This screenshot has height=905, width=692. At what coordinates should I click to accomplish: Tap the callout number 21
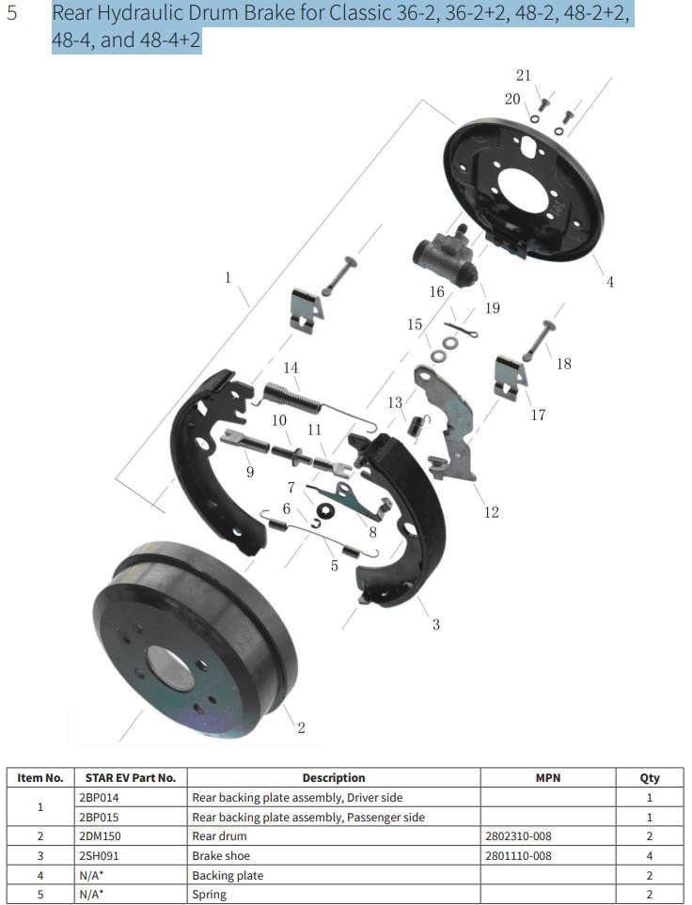(524, 75)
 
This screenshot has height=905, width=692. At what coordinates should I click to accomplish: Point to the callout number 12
(492, 512)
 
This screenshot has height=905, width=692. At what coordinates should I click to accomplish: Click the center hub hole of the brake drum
(170, 668)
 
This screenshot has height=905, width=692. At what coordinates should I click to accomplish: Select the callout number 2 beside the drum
(301, 727)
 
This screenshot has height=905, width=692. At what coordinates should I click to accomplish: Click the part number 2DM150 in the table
(100, 836)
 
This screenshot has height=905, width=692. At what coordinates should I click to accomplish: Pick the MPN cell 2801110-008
(518, 856)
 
